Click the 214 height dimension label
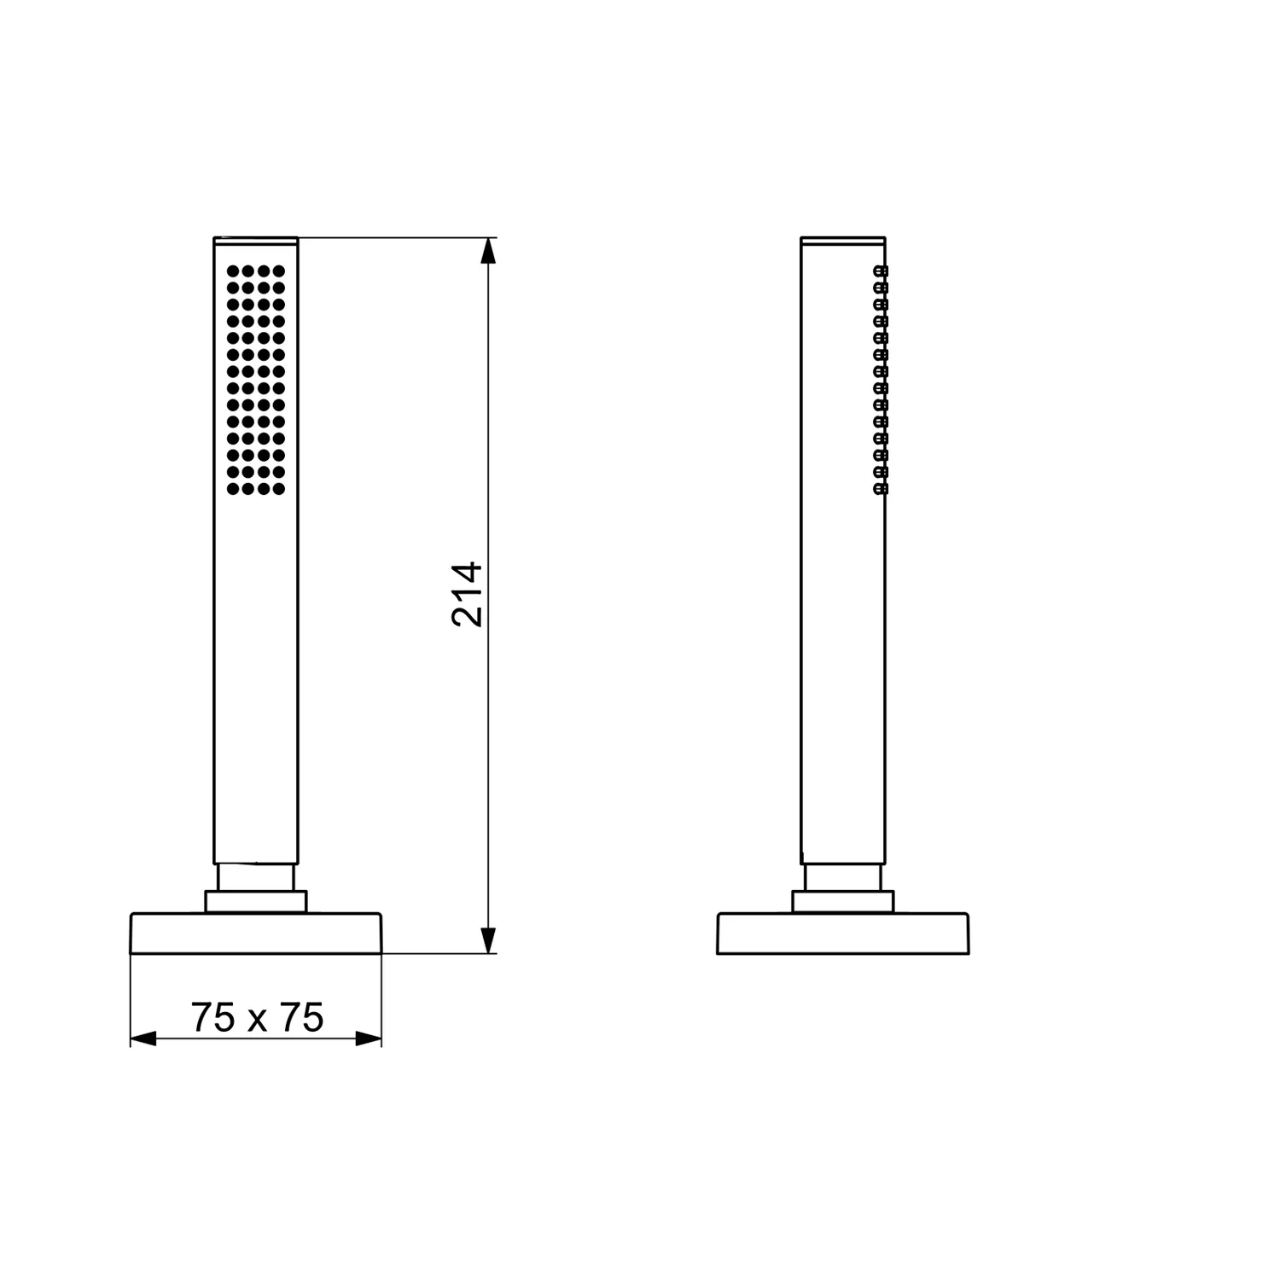468,594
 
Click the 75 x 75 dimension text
257,1017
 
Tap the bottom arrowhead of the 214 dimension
487,940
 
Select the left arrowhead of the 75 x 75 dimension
144,1039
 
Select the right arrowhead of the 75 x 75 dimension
368,1039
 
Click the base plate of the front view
256,934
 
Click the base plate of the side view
843,934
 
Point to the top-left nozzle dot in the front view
232,271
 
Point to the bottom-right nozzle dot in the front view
278,489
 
